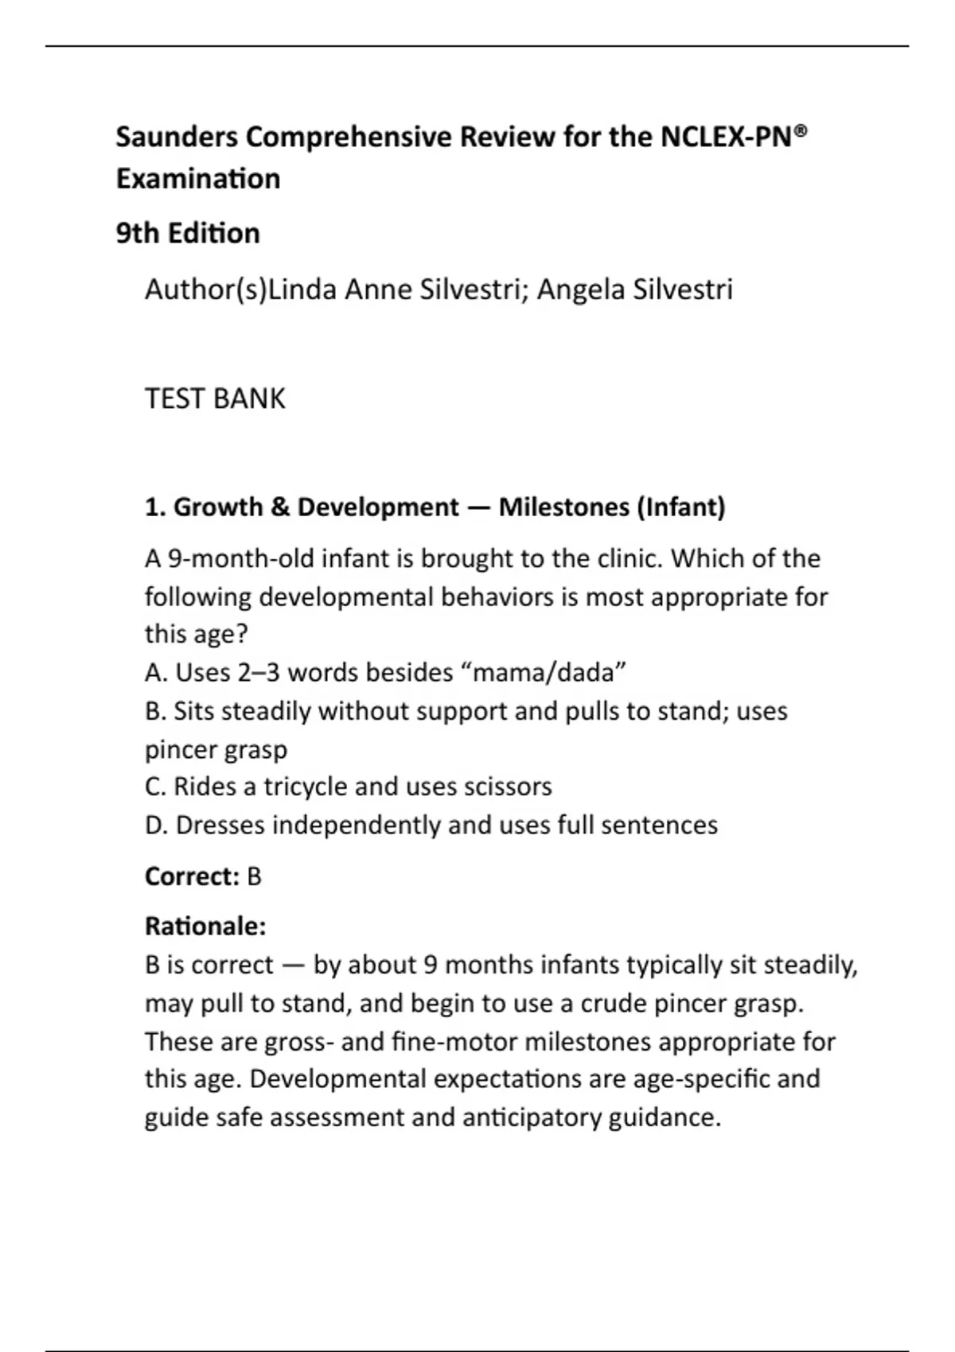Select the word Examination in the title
pyautogui.click(x=198, y=178)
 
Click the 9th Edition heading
pyautogui.click(x=188, y=233)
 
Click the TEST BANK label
pyautogui.click(x=215, y=398)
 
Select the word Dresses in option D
pyautogui.click(x=220, y=825)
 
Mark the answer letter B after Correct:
pyautogui.click(x=254, y=876)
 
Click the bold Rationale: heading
pyautogui.click(x=205, y=927)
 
